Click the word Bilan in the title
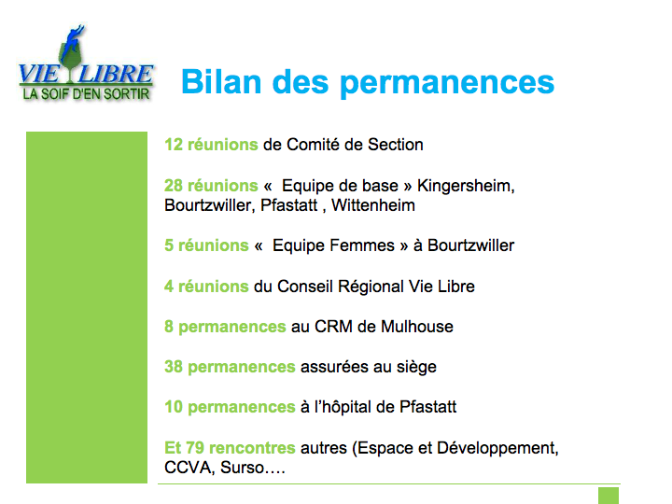pos(221,81)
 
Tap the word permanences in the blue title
pos(447,84)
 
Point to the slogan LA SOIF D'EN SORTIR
pos(86,94)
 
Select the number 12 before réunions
pos(174,145)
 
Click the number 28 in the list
pos(174,186)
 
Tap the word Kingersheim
pos(466,187)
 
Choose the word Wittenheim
pos(373,205)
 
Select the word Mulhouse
pos(417,327)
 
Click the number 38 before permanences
pos(174,367)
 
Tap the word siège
pos(416,368)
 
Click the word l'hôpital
pos(343,407)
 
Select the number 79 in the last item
pos(195,448)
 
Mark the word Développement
pos(497,449)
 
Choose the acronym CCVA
pos(189,468)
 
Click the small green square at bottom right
pos(609,496)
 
